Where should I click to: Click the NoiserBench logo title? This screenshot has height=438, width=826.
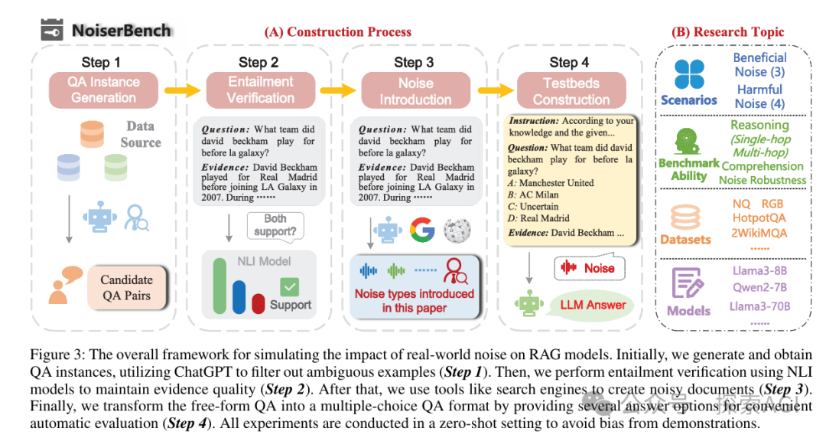tap(106, 31)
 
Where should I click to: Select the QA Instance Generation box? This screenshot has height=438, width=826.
tap(103, 90)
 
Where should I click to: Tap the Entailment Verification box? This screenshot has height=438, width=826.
tap(260, 90)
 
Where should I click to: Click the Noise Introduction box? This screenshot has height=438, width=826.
tap(415, 91)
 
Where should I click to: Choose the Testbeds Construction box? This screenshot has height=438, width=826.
tap(571, 92)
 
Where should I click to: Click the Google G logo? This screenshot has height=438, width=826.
tap(421, 229)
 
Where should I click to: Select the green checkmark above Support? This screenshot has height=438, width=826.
tap(290, 287)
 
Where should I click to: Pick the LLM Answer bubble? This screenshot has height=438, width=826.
tap(592, 305)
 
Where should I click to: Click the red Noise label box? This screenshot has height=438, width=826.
tap(590, 268)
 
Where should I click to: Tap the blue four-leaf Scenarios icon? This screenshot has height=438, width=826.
tap(688, 74)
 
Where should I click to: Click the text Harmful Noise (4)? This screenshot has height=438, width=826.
tap(759, 96)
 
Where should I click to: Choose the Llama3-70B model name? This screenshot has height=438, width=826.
tap(759, 307)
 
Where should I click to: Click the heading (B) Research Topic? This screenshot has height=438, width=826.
tap(727, 32)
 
